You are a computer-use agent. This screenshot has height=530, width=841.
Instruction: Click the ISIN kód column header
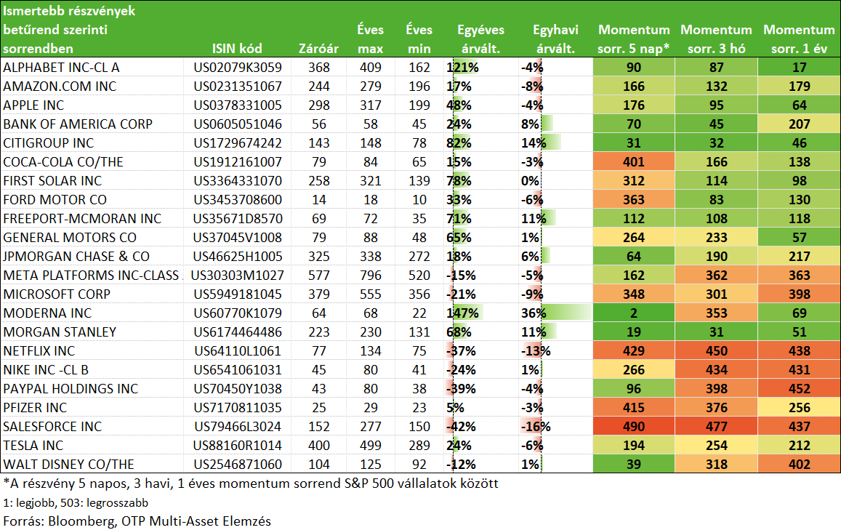[x=236, y=49]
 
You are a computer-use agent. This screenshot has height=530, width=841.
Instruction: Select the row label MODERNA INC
[x=47, y=313]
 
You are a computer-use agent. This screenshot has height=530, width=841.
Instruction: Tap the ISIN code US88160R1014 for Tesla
[x=237, y=445]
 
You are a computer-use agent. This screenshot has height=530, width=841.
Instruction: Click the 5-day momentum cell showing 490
[x=633, y=427]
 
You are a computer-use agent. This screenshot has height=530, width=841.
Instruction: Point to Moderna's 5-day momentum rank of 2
[x=633, y=313]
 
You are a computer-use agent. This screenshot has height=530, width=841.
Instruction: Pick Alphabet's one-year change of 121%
[x=462, y=68]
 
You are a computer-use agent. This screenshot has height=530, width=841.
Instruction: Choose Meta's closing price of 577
[x=318, y=276]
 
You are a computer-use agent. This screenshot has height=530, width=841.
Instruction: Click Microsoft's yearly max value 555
[x=370, y=294]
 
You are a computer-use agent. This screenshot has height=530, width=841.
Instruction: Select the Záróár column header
[x=318, y=49]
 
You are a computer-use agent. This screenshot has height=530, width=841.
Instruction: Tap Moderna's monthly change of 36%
[x=533, y=313]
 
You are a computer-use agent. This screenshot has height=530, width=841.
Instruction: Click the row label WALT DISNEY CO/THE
[x=68, y=464]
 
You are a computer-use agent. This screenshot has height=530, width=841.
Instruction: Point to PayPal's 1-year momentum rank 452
[x=799, y=388]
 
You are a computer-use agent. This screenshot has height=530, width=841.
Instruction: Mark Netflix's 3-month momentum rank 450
[x=716, y=351]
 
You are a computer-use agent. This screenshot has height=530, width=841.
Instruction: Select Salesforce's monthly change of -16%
[x=536, y=427]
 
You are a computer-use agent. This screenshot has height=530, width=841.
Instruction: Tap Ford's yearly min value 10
[x=419, y=199]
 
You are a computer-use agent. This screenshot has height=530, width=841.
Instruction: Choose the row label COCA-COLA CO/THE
[x=63, y=162]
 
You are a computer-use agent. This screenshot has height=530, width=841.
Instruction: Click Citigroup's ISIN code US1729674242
[x=238, y=142]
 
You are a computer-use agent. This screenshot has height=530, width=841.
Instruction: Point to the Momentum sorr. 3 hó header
[x=716, y=39]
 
